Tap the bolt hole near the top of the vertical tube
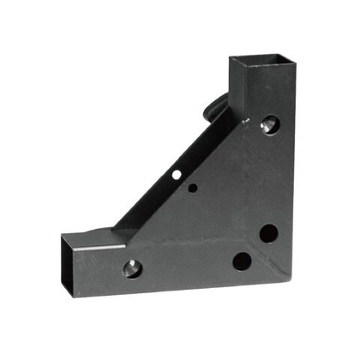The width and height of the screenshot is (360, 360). point(269,124)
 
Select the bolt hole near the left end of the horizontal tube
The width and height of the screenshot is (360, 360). point(131,268)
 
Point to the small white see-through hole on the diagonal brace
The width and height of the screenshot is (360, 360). point(176,174)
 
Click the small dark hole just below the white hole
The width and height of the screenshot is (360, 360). point(193,188)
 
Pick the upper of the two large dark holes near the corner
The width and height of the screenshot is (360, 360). point(268,233)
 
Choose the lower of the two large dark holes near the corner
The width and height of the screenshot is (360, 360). point(242,261)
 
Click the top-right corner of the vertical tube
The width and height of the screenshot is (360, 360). point(296,57)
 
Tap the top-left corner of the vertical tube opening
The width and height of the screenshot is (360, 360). point(230,60)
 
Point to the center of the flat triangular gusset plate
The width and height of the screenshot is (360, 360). point(206,214)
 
